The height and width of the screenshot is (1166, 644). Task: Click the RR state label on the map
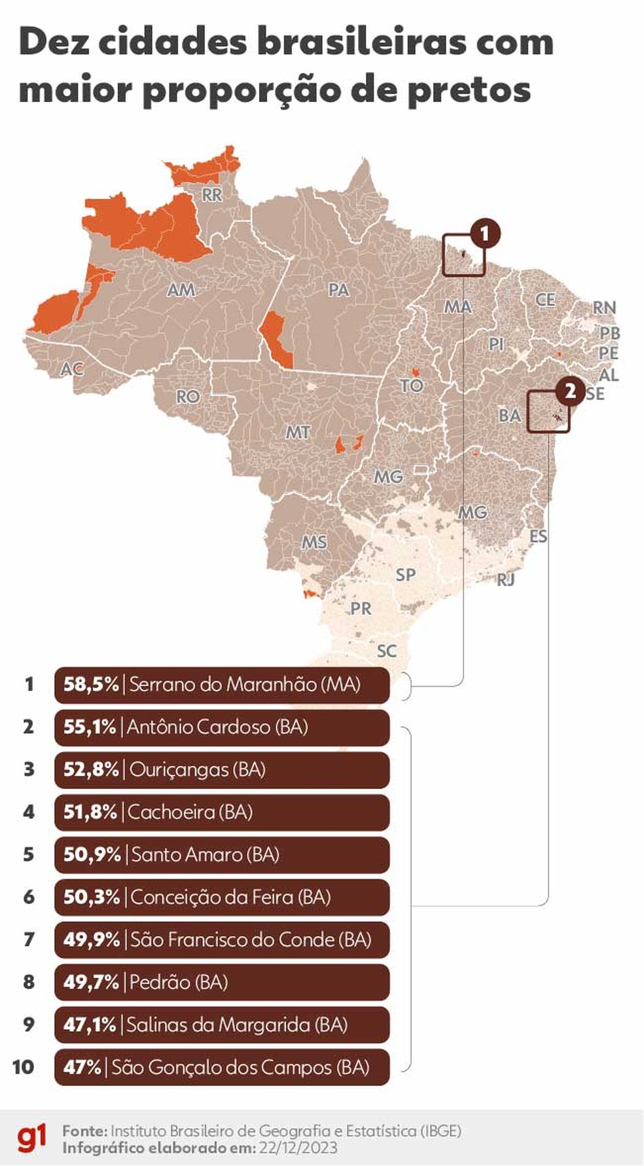(212, 194)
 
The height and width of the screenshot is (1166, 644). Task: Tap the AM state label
(181, 289)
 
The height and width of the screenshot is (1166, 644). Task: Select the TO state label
(412, 386)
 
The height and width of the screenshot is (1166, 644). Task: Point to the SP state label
(406, 574)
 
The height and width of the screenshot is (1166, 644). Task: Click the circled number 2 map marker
(570, 391)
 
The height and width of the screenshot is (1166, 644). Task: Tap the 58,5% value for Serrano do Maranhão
(91, 685)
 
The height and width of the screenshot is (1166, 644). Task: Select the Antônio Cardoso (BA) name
(217, 727)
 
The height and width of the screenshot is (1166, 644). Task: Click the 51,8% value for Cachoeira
(90, 812)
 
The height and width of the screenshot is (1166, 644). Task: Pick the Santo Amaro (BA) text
(206, 854)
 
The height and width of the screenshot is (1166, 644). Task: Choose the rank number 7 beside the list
(29, 939)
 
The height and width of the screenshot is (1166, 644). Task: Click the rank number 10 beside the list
(23, 1067)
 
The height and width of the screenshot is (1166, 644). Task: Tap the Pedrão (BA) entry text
(179, 982)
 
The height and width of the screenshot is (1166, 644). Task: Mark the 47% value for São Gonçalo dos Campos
(82, 1067)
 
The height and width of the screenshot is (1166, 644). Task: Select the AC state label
(71, 369)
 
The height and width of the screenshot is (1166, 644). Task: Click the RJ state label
(505, 579)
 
